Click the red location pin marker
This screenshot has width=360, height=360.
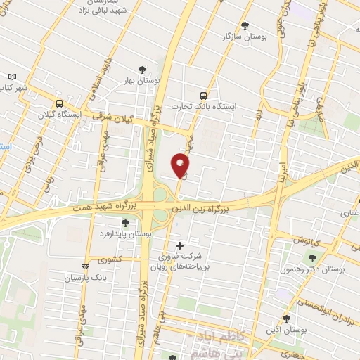pyautogui.click(x=181, y=165)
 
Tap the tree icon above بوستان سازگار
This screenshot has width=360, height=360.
pyautogui.click(x=245, y=25)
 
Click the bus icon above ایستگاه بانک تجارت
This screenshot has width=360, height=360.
pyautogui.click(x=203, y=94)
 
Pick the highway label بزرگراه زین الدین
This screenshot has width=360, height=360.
pyautogui.click(x=202, y=209)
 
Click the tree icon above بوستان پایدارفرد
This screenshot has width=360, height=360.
pyautogui.click(x=125, y=223)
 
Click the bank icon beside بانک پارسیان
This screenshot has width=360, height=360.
pyautogui.click(x=85, y=267)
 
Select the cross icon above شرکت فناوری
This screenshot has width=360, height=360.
pyautogui.click(x=179, y=245)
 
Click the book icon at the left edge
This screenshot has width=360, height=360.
pyautogui.click(x=11, y=77)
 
